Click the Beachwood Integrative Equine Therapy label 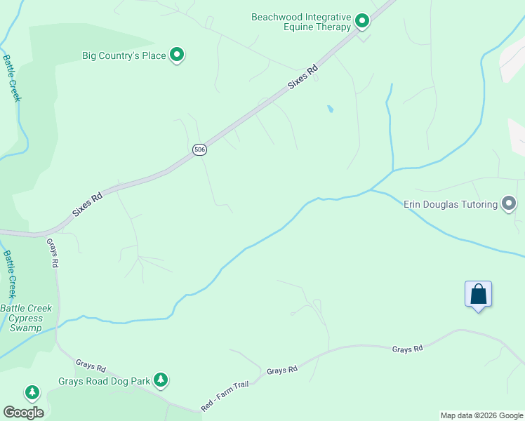(x=301, y=22)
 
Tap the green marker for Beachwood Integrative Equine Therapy (x=362, y=21)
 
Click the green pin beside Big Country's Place (x=178, y=53)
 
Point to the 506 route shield (x=200, y=149)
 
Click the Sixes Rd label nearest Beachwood (x=304, y=76)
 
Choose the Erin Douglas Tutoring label (x=450, y=204)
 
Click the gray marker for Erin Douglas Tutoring (x=509, y=204)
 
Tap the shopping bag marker (x=478, y=293)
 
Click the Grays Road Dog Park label (x=105, y=381)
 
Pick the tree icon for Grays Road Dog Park (x=161, y=380)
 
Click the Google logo (x=23, y=413)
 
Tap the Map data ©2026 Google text (x=481, y=415)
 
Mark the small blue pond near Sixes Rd (x=329, y=109)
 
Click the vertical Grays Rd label (x=53, y=253)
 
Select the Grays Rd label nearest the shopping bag (x=407, y=349)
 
